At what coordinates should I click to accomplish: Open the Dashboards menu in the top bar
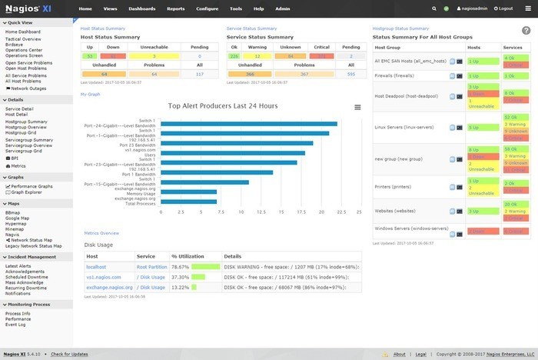point(142,8)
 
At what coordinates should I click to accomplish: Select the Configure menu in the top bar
point(207,8)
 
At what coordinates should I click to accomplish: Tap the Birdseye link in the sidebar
point(15,43)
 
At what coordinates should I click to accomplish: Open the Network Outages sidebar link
point(29,89)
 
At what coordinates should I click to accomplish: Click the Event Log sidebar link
point(16,325)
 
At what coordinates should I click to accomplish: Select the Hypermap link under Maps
point(17,223)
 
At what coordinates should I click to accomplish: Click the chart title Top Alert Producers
point(223,105)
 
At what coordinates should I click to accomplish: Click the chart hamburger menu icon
point(357,107)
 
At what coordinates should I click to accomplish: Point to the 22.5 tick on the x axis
point(339,212)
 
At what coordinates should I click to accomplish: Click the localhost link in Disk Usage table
point(95,266)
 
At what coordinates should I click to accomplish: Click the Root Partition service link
point(152,266)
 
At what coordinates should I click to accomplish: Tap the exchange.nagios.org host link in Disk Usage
point(108,287)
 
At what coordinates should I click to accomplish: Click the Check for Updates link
point(68,355)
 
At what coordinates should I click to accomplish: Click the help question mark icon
point(526,30)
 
